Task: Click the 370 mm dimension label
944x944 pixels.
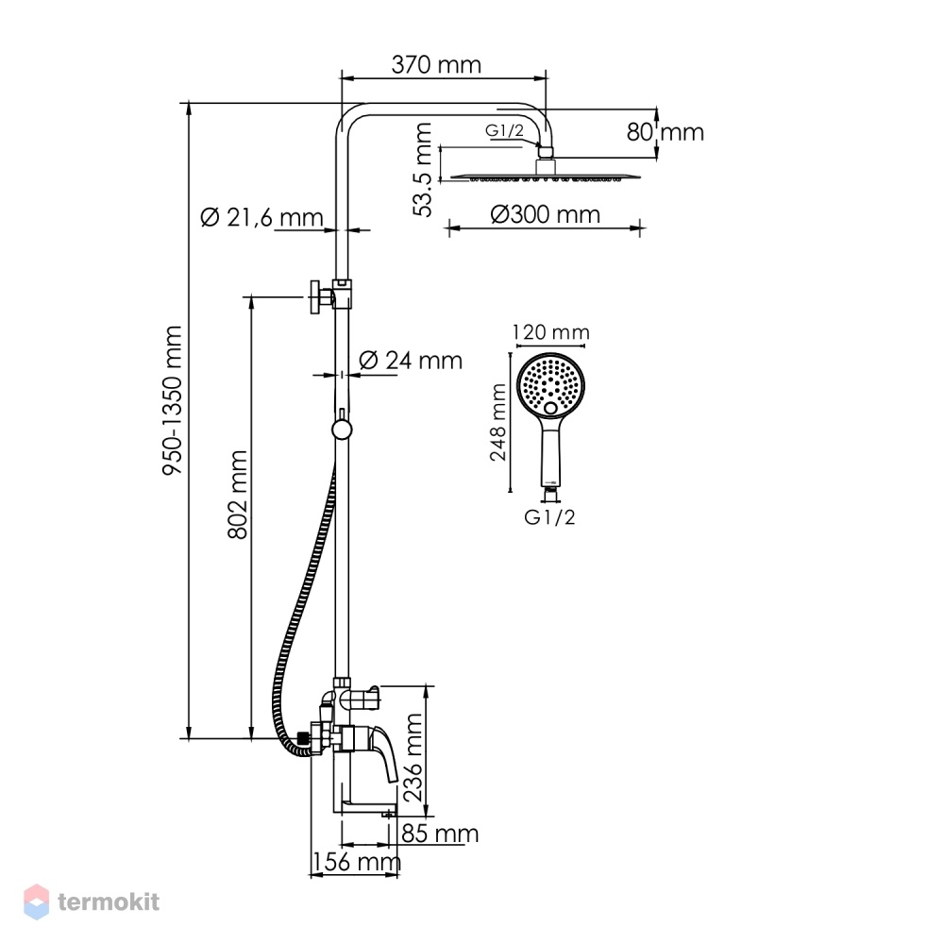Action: [436, 64]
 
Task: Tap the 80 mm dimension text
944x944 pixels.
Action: [665, 132]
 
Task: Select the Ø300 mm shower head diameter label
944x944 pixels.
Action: [545, 214]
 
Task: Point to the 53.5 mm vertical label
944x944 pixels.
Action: [423, 170]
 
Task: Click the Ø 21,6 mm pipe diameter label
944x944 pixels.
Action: [261, 217]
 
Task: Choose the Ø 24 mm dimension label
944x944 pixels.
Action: [411, 361]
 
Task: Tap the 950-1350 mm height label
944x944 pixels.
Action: [172, 400]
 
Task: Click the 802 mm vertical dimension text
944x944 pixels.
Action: [238, 495]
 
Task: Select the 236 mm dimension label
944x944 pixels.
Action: [413, 757]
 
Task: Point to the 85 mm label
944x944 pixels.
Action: [440, 834]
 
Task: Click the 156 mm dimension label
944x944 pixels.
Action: [356, 862]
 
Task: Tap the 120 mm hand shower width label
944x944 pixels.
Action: [550, 332]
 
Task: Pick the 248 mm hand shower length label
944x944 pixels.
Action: [498, 422]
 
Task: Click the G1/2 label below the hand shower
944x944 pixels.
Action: [549, 517]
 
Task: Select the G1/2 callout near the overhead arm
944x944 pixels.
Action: [504, 130]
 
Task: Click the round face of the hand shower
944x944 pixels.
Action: [550, 386]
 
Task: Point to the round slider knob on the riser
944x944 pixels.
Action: [342, 430]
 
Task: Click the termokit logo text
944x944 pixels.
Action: [109, 902]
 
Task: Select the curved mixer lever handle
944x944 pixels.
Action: [384, 753]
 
